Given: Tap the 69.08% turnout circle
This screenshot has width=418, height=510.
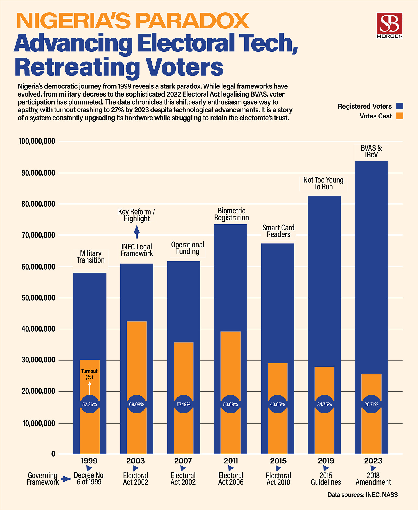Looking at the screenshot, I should tap(137, 404).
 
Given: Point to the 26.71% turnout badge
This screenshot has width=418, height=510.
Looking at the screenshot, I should tap(371, 404).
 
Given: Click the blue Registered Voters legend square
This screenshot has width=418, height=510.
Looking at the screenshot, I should tap(399, 106).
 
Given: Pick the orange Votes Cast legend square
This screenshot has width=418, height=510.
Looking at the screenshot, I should tap(399, 116).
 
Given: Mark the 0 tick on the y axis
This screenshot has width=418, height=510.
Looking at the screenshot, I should tap(53, 454).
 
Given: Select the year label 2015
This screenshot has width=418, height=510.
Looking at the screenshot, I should tap(278, 461).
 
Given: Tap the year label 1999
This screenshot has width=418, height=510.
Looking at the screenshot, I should tap(89, 461).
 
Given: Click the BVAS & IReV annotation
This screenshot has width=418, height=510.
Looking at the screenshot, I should tap(371, 151).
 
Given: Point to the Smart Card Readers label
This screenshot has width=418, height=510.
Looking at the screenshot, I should tap(278, 231).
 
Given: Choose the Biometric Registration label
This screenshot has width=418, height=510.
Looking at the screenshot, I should tap(231, 214).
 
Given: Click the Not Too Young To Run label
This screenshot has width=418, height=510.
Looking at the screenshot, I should tap(324, 183).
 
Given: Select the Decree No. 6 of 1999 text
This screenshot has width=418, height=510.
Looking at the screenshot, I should tap(89, 478).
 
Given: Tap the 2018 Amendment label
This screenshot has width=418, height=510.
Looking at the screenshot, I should tap(373, 478).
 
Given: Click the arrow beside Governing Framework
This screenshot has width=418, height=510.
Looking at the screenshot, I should tap(67, 479).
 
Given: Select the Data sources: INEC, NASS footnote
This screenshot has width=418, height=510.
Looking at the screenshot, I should tap(362, 495).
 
